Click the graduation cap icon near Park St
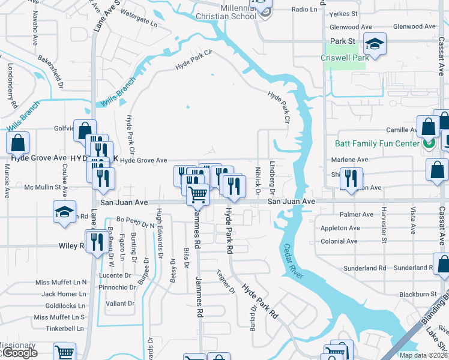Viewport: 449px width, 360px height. (375, 44)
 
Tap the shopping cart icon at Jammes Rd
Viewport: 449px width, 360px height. (197, 194)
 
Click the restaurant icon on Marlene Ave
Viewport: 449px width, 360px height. (351, 177)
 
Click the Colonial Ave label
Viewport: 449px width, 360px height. (339, 241)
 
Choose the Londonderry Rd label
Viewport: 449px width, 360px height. (11, 84)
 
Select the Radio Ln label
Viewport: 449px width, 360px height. (304, 10)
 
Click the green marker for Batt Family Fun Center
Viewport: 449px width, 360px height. (428, 144)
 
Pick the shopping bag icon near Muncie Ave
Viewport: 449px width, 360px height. (18, 143)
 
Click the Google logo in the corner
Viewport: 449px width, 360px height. (19, 353)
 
